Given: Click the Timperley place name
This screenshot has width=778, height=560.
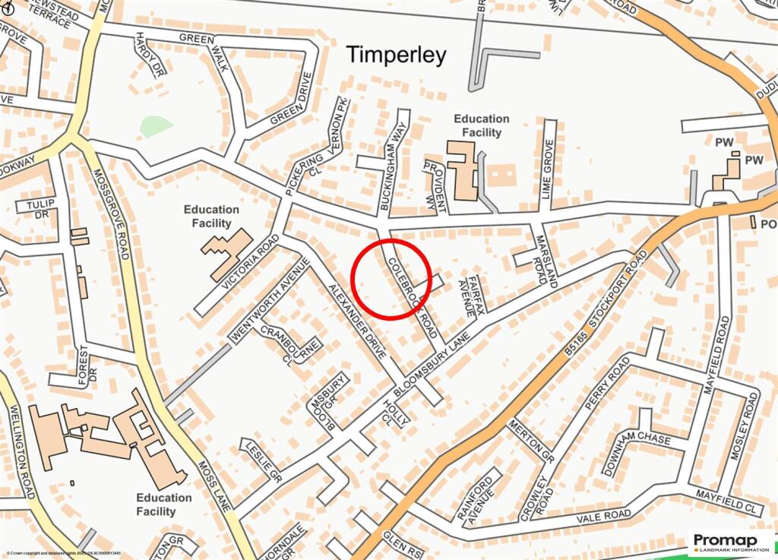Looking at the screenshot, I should click(x=397, y=55).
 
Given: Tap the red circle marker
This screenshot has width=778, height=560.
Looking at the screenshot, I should click(x=393, y=279).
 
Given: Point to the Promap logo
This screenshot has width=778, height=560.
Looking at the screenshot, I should click(x=732, y=543).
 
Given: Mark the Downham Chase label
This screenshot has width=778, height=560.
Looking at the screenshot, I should click(x=638, y=448).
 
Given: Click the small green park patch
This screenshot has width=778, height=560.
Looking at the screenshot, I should click(x=156, y=126).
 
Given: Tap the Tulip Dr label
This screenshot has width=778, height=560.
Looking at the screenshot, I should click(x=36, y=208).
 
